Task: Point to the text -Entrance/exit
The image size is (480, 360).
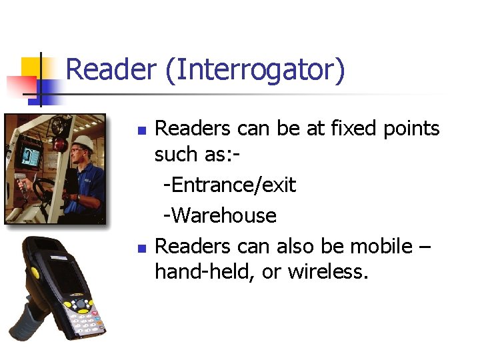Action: (229, 185)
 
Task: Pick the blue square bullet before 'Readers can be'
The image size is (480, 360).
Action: (141, 129)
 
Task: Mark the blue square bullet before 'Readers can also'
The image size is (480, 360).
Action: (141, 247)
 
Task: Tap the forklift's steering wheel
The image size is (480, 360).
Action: (43, 189)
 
